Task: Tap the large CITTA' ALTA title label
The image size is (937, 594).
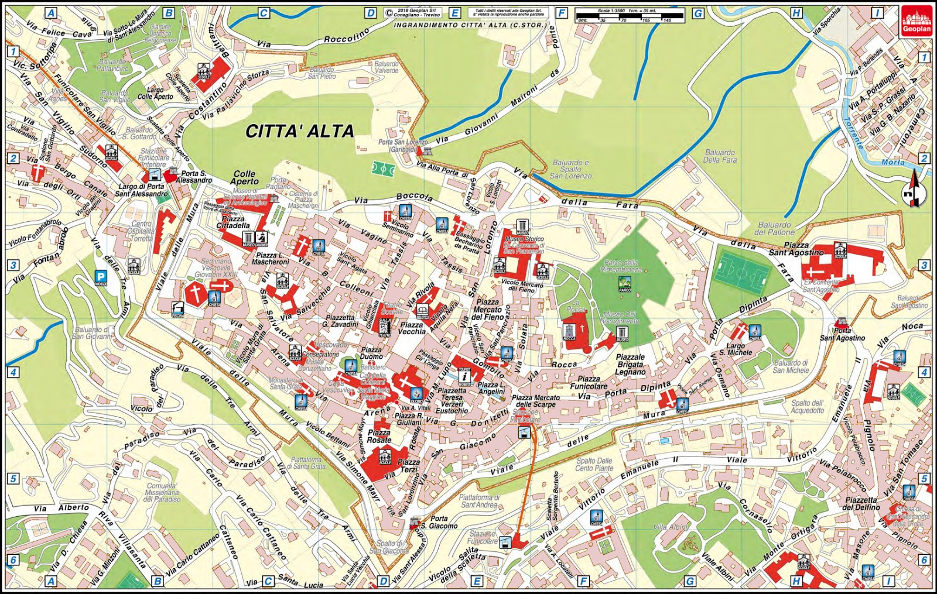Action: pos(299,131)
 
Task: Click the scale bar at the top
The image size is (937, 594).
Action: pos(630,16)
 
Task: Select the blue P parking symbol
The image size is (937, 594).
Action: pos(101,278)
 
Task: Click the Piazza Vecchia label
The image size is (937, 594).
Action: pos(412,328)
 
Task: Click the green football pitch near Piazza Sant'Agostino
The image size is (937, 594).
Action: pos(741,273)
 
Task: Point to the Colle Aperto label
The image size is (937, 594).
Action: pos(245,177)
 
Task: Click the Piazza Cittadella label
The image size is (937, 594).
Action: pos(233,222)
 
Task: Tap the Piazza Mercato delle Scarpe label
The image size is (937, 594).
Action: pos(535,401)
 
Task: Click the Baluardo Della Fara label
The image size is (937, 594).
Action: pos(720,156)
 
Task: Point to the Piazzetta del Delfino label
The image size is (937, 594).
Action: pos(861,503)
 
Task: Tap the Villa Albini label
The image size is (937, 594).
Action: pos(670,527)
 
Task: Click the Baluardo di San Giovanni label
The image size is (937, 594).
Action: pos(92,332)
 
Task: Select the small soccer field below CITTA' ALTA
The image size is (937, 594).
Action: pos(382,170)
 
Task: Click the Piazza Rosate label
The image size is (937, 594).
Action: pos(379,436)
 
